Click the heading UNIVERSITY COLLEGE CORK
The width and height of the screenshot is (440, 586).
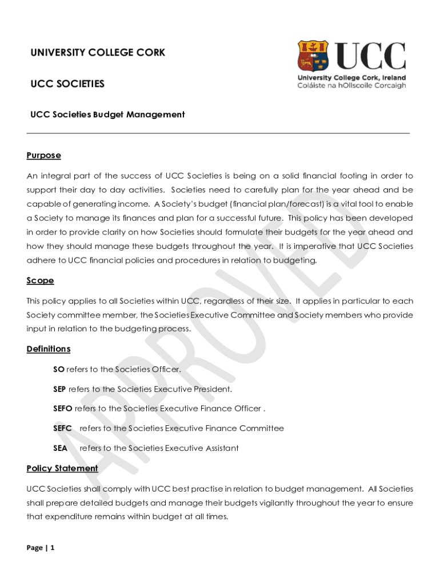98,53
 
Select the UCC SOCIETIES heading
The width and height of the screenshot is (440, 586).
67,84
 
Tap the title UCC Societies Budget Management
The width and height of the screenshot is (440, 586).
107,114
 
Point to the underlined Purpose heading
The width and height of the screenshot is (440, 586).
43,156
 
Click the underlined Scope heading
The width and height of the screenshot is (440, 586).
40,280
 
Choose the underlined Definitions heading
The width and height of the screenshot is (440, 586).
49,349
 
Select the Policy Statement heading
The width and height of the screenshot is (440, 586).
62,468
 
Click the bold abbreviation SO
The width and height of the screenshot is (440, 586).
59,369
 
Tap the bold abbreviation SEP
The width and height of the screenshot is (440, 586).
60,389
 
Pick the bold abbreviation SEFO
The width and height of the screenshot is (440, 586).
63,409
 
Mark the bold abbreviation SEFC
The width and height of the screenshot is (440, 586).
62,428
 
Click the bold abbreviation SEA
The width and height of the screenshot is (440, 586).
60,448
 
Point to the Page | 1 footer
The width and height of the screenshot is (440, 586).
41,548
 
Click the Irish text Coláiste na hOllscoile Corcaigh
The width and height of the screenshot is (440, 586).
351,86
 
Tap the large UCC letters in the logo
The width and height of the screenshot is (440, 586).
370,56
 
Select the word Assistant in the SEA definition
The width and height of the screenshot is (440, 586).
220,448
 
